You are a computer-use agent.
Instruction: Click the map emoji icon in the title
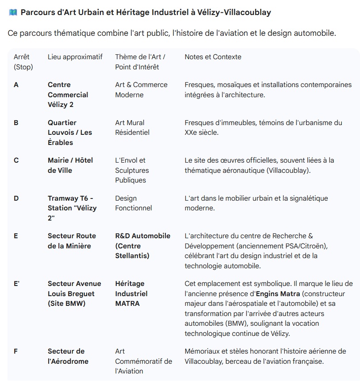[x=13, y=12]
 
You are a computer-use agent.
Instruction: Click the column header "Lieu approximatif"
[x=75, y=57]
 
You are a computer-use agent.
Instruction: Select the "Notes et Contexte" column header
[x=213, y=57]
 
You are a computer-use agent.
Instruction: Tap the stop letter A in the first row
[x=16, y=85]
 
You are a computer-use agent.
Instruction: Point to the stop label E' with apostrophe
[x=17, y=284]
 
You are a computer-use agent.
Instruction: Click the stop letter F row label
[x=16, y=351]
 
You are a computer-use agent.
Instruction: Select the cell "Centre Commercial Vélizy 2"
[x=68, y=95]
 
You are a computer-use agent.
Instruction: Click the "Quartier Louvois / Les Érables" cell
[x=70, y=133]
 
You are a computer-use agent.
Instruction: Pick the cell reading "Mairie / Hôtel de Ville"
[x=70, y=165]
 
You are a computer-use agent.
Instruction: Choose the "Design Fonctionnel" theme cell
[x=133, y=203]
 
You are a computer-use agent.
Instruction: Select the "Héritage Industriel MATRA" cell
[x=131, y=293]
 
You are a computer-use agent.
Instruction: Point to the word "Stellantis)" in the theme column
[x=132, y=256]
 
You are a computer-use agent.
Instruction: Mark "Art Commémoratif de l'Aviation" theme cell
[x=143, y=361]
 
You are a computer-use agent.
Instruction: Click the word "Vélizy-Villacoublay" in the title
[x=237, y=12]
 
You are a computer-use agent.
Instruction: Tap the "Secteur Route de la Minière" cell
[x=72, y=241]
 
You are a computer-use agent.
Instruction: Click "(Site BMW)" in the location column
[x=66, y=304]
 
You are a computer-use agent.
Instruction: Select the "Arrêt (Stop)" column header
[x=23, y=62]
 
